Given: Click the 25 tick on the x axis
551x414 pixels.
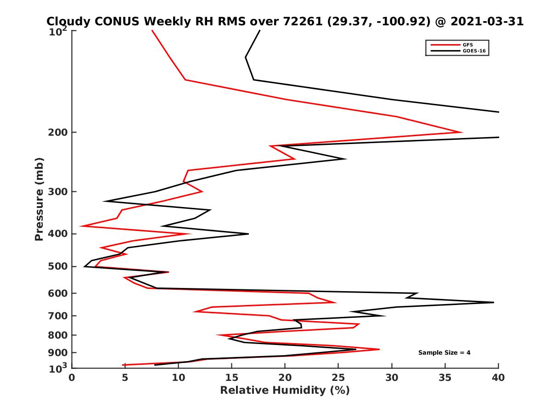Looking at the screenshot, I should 338,378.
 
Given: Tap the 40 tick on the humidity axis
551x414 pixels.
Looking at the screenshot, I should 498,378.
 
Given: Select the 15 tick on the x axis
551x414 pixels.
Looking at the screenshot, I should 232,378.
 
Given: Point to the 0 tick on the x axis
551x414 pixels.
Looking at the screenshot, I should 72,378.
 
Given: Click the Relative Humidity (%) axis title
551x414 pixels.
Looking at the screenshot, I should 285,391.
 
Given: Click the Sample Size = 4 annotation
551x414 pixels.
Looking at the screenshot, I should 444,353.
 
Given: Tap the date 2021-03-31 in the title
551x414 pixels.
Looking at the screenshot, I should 488,22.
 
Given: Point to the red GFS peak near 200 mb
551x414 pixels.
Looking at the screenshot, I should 461,132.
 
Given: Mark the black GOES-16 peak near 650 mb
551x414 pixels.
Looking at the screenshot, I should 494,302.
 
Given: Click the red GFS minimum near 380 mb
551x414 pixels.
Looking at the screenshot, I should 80,226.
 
